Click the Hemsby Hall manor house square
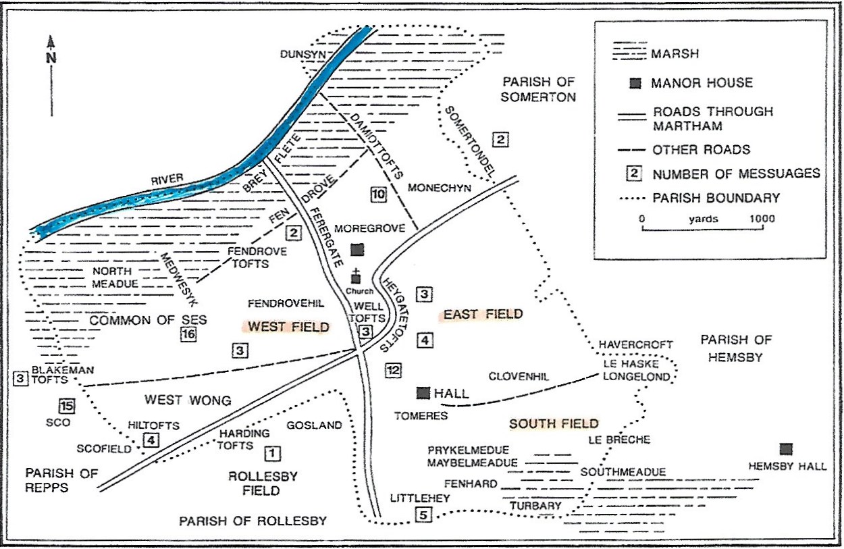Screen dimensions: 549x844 [785, 449]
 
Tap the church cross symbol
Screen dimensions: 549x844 [357, 276]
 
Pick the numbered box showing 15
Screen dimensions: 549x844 [65, 406]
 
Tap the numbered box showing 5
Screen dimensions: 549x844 [423, 516]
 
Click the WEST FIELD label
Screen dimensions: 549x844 [286, 328]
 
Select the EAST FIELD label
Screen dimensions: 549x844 [482, 314]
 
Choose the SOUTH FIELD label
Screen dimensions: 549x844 [554, 423]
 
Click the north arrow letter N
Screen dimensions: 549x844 [51, 57]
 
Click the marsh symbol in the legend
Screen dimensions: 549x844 [628, 53]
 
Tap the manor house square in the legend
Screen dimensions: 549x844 [635, 83]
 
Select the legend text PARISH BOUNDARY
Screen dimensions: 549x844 [716, 198]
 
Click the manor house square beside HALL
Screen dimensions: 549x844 [423, 392]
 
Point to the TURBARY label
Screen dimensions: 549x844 [535, 506]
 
